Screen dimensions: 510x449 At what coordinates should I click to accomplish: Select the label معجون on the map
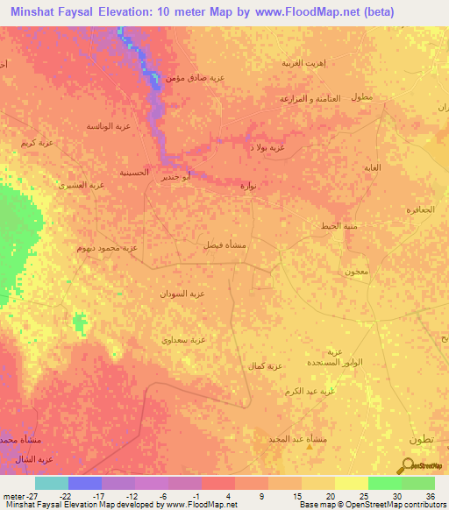point(355,273)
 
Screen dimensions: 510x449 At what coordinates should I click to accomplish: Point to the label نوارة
point(248,185)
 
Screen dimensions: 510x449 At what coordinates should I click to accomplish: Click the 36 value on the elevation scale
point(430,495)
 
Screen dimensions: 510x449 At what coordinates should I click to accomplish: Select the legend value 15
point(296,495)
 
